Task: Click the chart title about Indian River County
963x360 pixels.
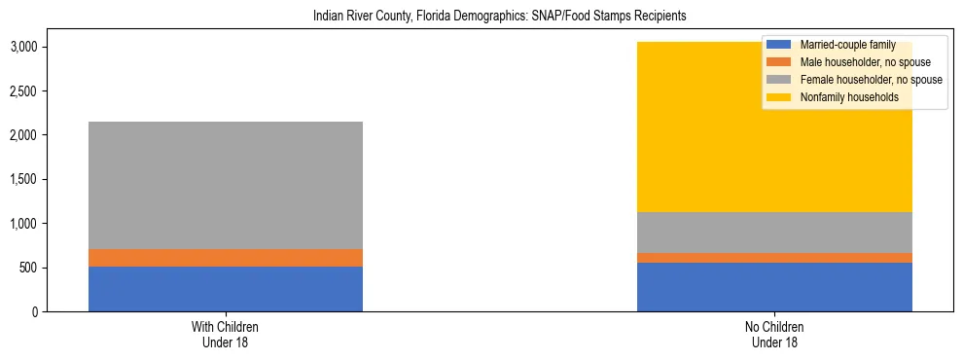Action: tap(481, 16)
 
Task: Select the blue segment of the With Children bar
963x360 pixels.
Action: tap(226, 289)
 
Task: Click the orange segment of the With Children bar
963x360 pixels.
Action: tap(226, 258)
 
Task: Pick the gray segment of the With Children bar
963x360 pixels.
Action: tap(226, 185)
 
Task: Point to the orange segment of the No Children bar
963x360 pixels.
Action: tap(774, 258)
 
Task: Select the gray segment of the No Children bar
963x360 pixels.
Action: tap(774, 233)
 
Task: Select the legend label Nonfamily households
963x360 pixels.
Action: tap(842, 97)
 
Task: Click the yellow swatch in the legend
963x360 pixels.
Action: tap(779, 97)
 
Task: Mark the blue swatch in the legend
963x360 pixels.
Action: tap(779, 45)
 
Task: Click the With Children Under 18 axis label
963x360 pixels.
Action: tap(226, 334)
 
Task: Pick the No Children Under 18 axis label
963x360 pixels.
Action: tap(774, 334)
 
